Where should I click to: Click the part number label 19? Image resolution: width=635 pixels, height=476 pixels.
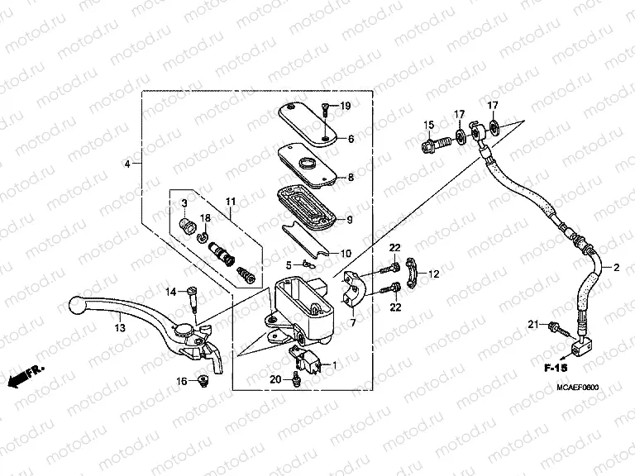click(x=346, y=106)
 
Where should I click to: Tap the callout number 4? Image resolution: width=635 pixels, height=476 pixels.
click(x=127, y=164)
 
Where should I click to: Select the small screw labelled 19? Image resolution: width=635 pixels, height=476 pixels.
click(x=327, y=107)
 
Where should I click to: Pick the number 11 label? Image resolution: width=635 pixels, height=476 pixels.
click(x=230, y=202)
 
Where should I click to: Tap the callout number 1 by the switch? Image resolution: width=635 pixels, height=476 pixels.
click(x=336, y=364)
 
